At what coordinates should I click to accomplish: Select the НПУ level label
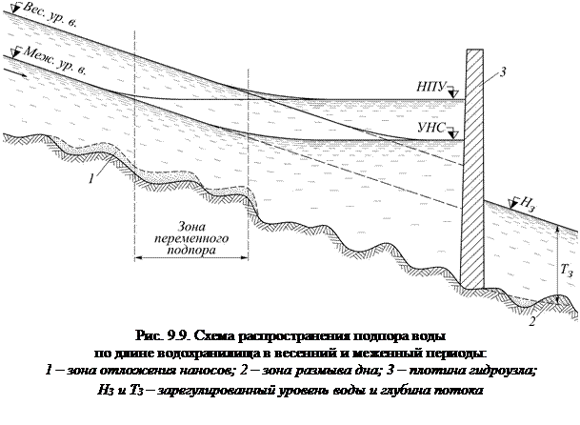click(430, 87)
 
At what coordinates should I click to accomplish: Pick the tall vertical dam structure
click(475, 172)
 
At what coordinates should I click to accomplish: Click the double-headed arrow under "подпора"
click(190, 256)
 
